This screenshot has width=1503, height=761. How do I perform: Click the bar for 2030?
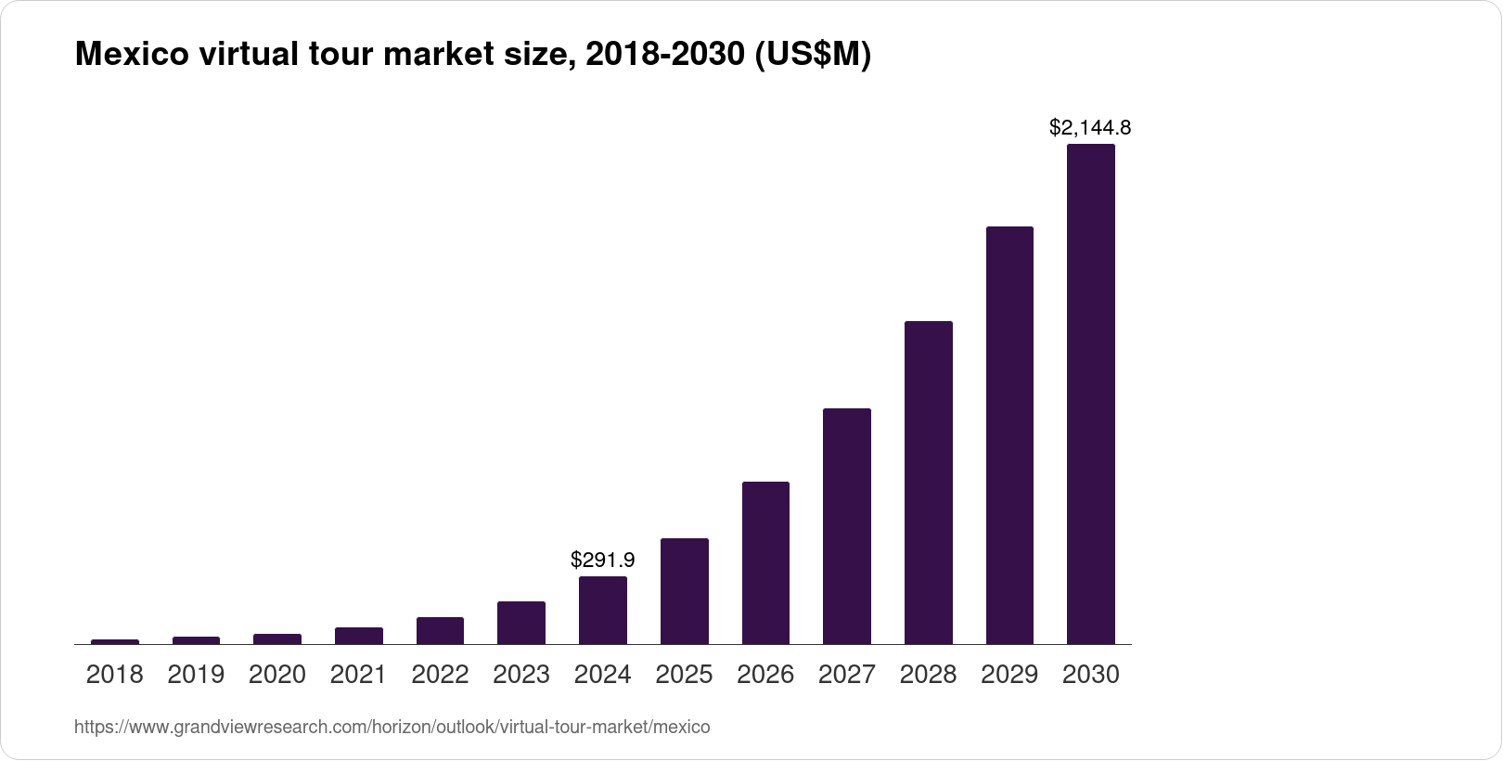point(1090,394)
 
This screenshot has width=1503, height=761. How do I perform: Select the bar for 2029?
point(1009,435)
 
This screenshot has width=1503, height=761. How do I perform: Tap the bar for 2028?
point(928,483)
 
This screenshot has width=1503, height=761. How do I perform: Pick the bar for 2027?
point(846,526)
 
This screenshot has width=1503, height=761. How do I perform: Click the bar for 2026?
point(765,562)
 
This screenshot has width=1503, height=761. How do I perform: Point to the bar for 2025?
point(684,591)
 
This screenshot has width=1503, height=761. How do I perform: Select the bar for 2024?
point(602,610)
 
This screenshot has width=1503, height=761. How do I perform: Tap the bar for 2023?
point(521,623)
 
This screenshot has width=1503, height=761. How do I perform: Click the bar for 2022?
point(440,630)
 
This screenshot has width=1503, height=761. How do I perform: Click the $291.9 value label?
point(602,560)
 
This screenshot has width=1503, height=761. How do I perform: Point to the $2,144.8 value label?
point(1090,127)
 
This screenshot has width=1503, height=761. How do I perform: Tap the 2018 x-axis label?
point(114,675)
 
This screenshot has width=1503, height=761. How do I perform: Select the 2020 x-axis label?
point(277,675)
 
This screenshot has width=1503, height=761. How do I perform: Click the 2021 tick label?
point(358,675)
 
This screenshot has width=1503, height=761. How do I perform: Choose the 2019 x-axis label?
point(196,675)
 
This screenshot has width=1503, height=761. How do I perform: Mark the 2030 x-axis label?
point(1090,675)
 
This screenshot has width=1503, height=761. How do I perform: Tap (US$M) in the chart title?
point(812,56)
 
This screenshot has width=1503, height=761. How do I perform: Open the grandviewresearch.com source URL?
point(392,728)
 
